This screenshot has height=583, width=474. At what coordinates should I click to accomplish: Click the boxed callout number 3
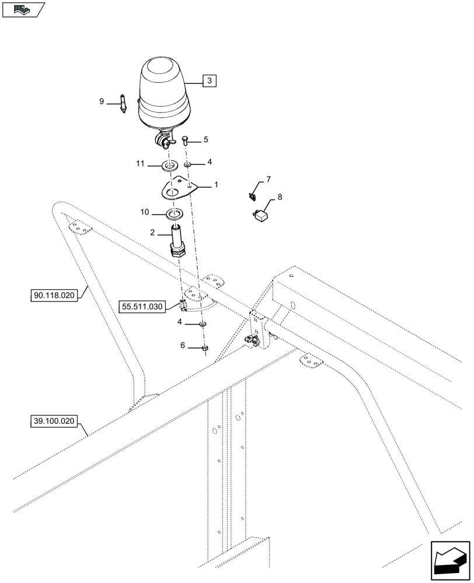(x=210, y=81)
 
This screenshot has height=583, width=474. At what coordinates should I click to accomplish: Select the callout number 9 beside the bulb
(x=102, y=101)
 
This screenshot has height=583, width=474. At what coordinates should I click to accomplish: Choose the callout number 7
(x=269, y=180)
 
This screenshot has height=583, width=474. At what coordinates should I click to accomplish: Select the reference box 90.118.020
(x=53, y=296)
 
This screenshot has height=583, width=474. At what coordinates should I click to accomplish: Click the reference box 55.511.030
(x=142, y=305)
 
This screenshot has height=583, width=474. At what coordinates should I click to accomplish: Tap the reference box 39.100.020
(x=53, y=422)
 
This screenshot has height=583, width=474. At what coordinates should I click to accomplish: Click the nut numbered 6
(x=204, y=348)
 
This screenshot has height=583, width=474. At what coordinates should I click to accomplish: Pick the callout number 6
(x=182, y=346)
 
